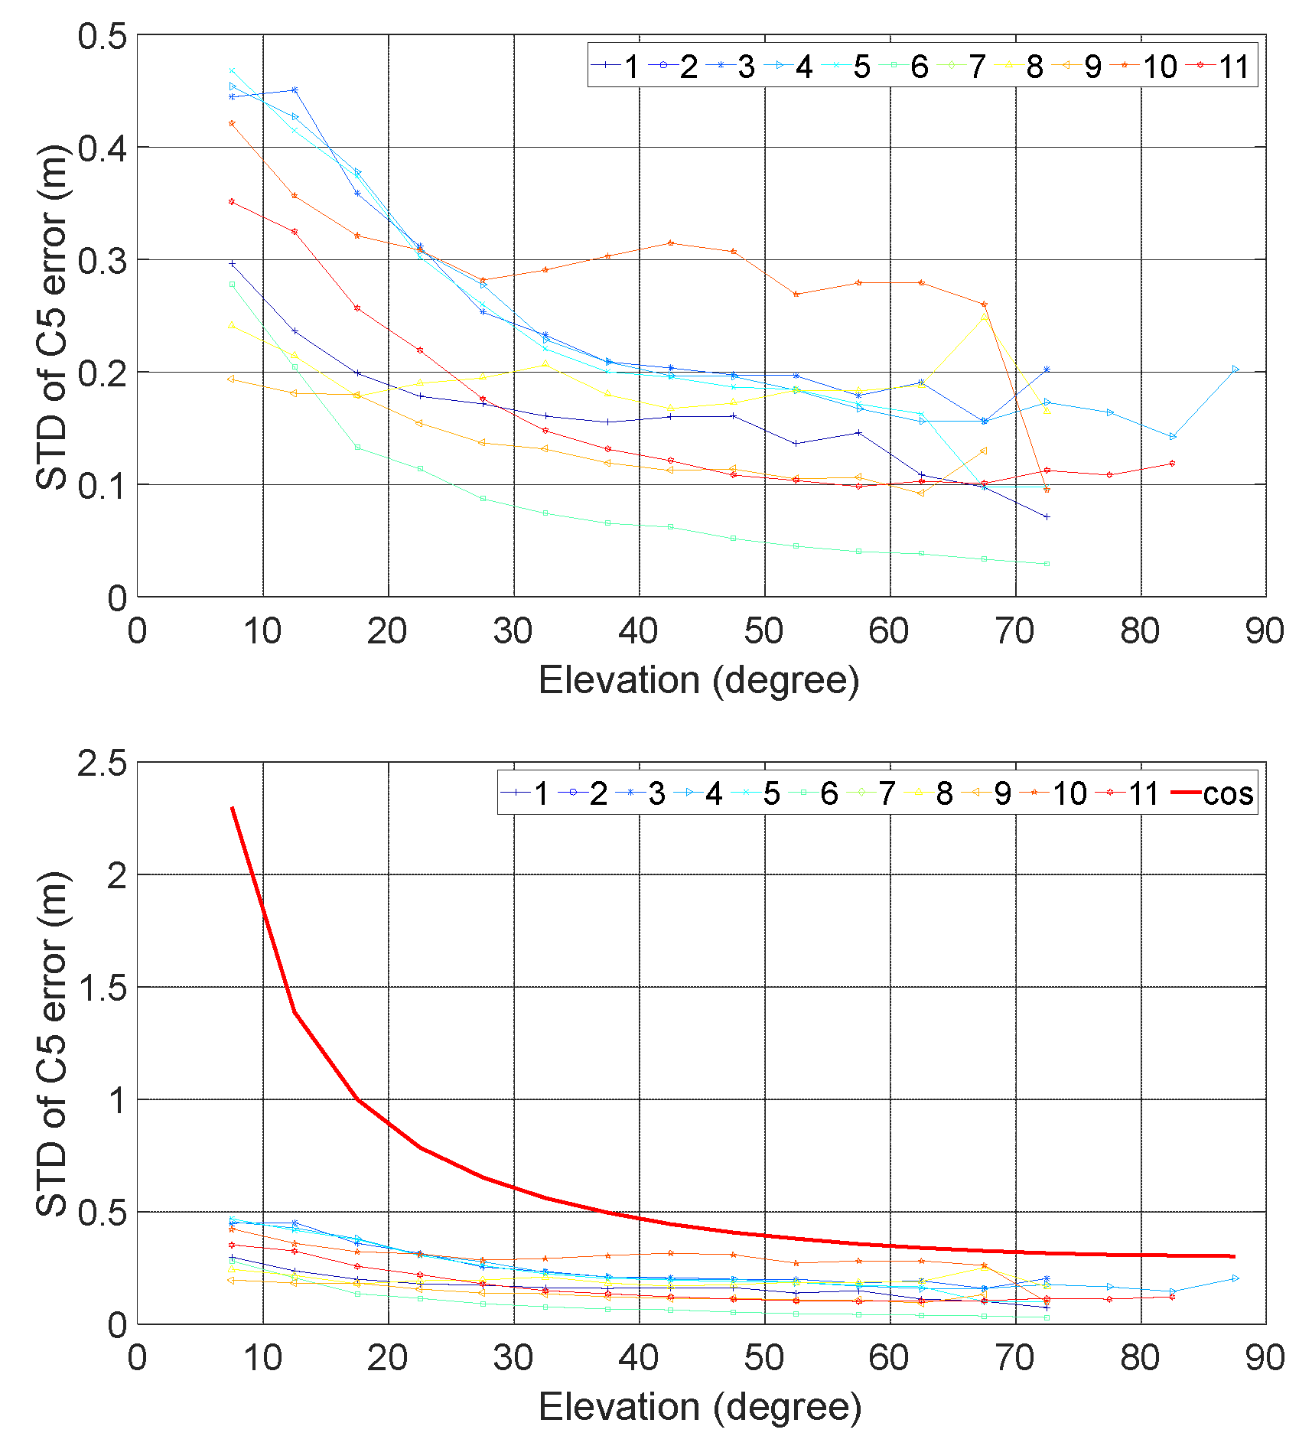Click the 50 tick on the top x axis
763,632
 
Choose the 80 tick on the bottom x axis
1140,1359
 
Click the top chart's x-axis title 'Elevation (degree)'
698,680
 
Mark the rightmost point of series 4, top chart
1236,370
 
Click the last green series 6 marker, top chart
1047,564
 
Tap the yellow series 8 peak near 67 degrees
984,316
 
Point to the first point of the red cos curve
232,808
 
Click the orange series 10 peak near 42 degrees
670,243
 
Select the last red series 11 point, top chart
1172,464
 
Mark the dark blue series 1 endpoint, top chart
1047,517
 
